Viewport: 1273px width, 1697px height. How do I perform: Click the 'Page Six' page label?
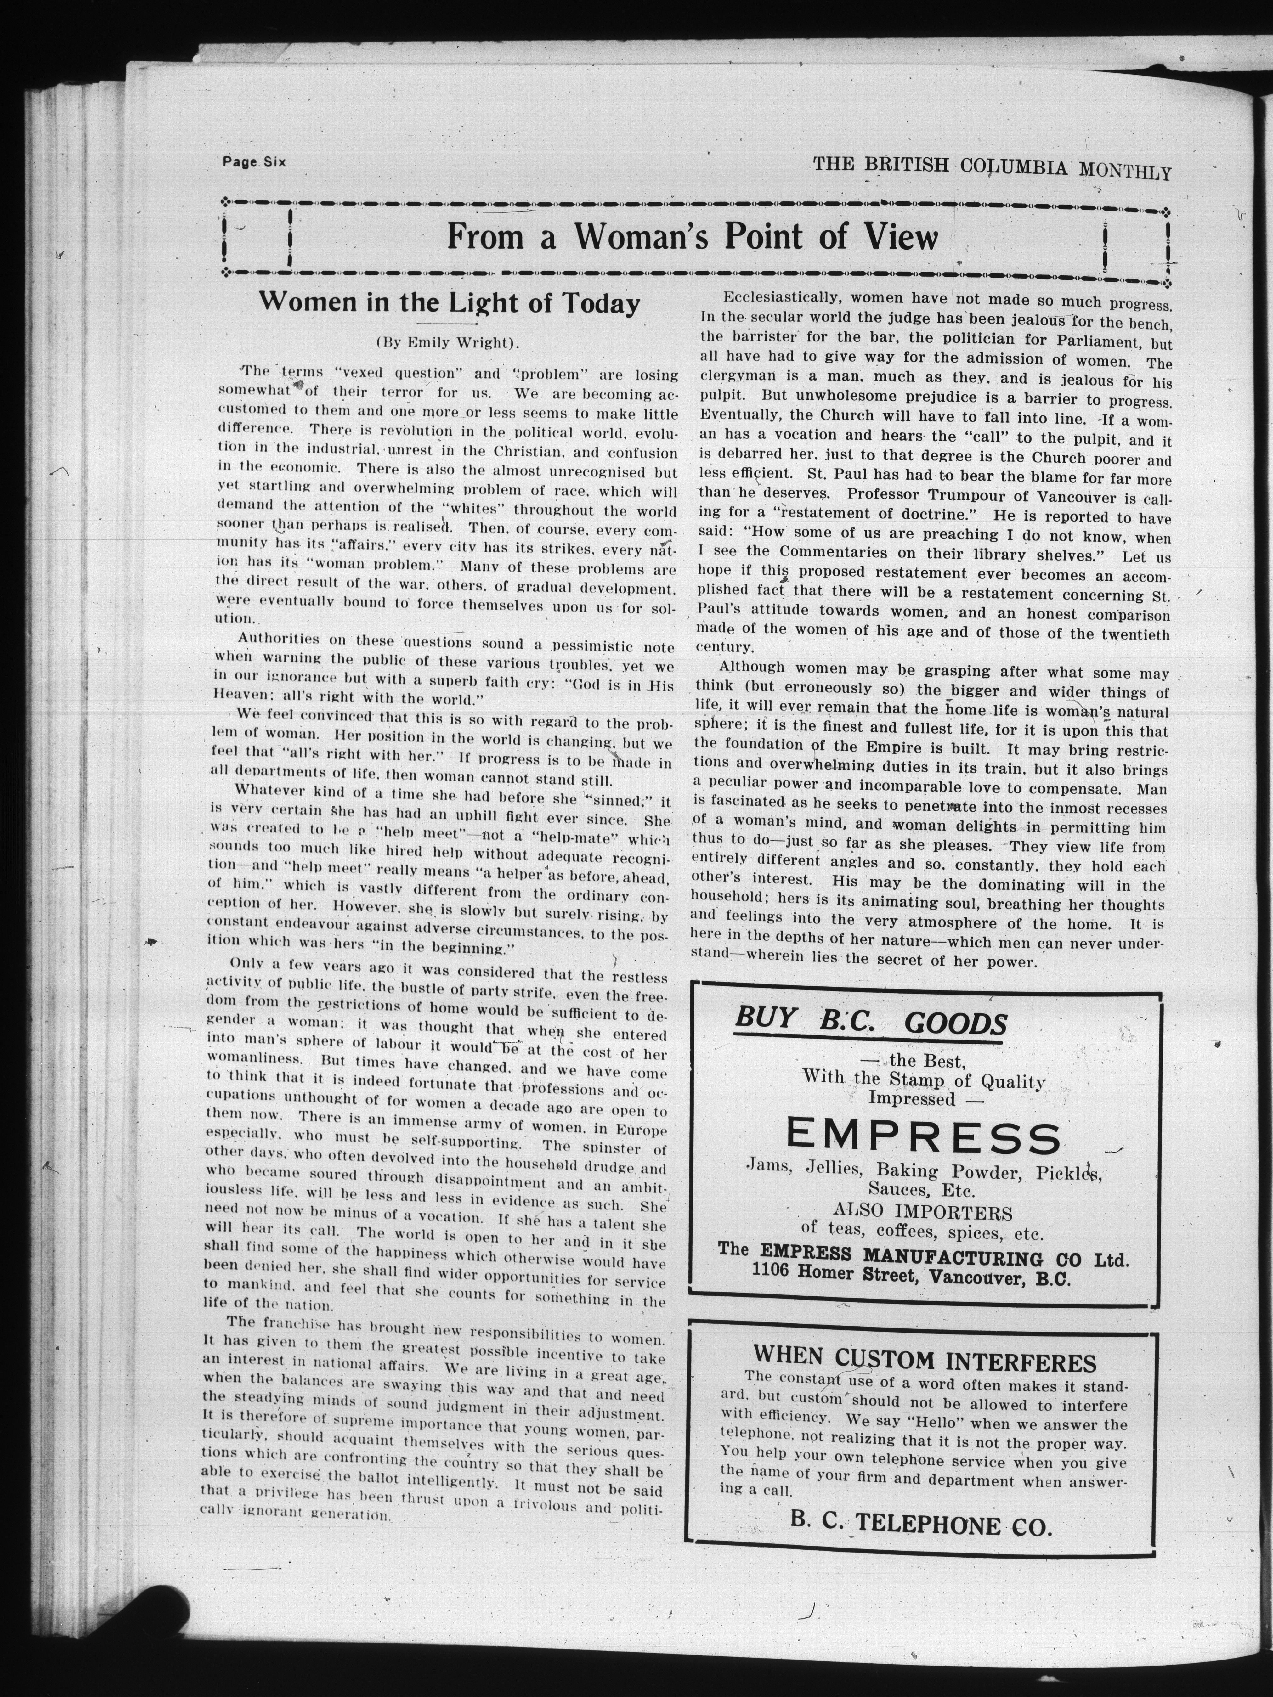click(253, 162)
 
